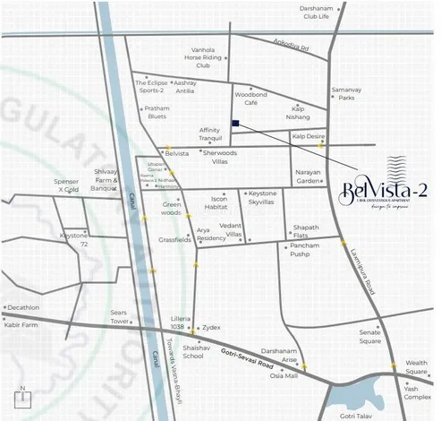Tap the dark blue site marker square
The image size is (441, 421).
234,124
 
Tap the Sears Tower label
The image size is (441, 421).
120,316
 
